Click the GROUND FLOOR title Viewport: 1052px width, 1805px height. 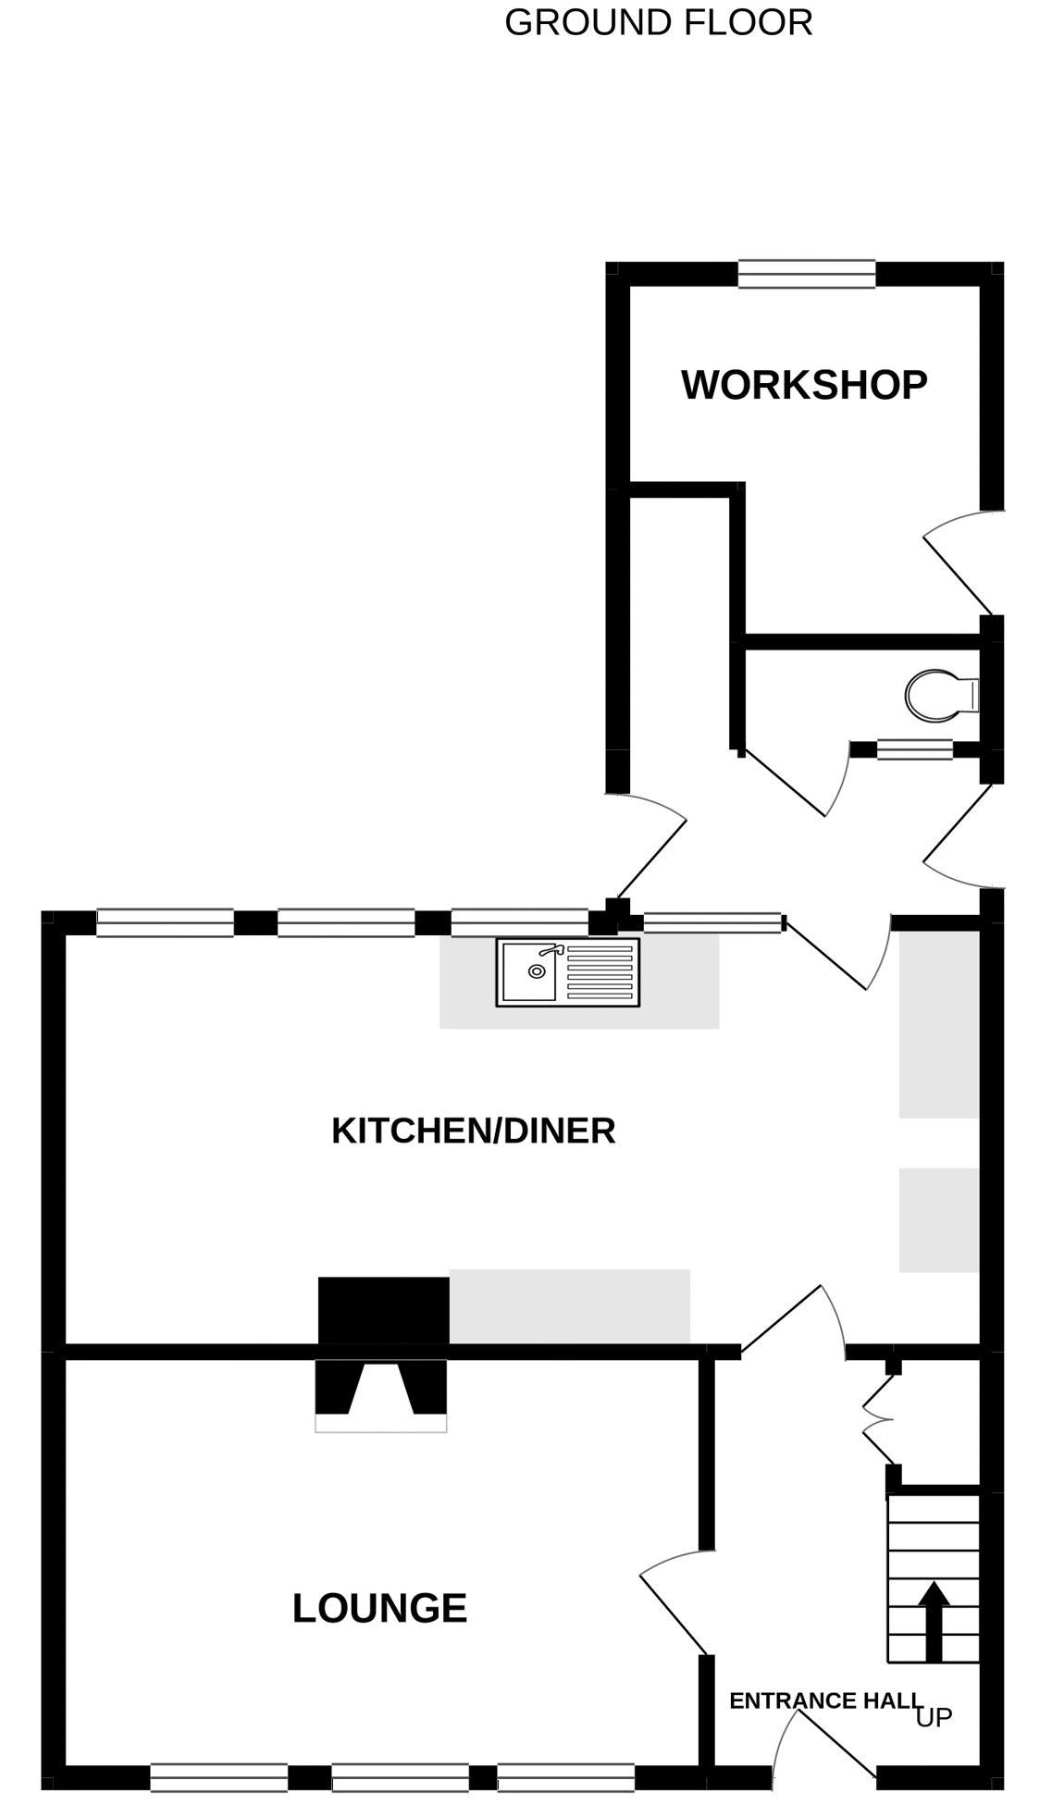coord(658,22)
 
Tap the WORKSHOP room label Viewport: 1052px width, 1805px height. coord(804,385)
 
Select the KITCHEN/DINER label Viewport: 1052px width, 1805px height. coord(473,1131)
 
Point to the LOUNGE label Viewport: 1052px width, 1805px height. coord(379,1609)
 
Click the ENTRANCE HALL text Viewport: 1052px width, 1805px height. coord(825,1700)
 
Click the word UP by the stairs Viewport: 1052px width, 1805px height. coord(934,1718)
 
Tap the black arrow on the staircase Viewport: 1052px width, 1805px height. coord(934,1620)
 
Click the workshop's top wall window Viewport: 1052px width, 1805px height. coord(807,275)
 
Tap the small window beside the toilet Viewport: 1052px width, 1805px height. coord(914,749)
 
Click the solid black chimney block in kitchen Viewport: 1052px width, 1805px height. coord(384,1310)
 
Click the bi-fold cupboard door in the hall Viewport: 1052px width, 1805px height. coord(879,1417)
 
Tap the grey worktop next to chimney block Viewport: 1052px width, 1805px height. coord(570,1306)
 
